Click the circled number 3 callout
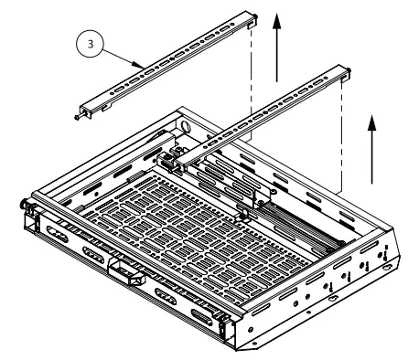click(x=85, y=41)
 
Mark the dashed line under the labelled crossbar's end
click(x=250, y=82)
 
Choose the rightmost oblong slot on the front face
click(x=203, y=317)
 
